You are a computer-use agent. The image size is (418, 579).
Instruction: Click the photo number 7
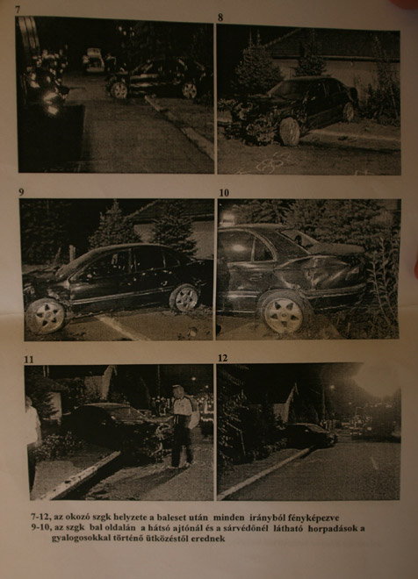18,10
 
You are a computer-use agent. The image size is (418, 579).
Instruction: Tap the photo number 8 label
220,18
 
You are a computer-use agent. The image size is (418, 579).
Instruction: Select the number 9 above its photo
21,192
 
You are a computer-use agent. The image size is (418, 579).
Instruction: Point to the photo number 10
224,193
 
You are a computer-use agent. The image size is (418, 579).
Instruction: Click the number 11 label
28,360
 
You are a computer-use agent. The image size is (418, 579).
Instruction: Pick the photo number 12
222,358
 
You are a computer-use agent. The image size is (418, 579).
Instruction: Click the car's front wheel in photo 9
46,317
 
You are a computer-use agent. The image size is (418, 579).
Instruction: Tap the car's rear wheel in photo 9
184,297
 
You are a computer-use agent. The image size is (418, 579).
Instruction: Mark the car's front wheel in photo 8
290,132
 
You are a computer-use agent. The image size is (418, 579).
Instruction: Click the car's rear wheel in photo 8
348,112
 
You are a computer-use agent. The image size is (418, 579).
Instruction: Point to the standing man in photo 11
182,426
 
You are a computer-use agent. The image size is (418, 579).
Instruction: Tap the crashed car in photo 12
310,435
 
